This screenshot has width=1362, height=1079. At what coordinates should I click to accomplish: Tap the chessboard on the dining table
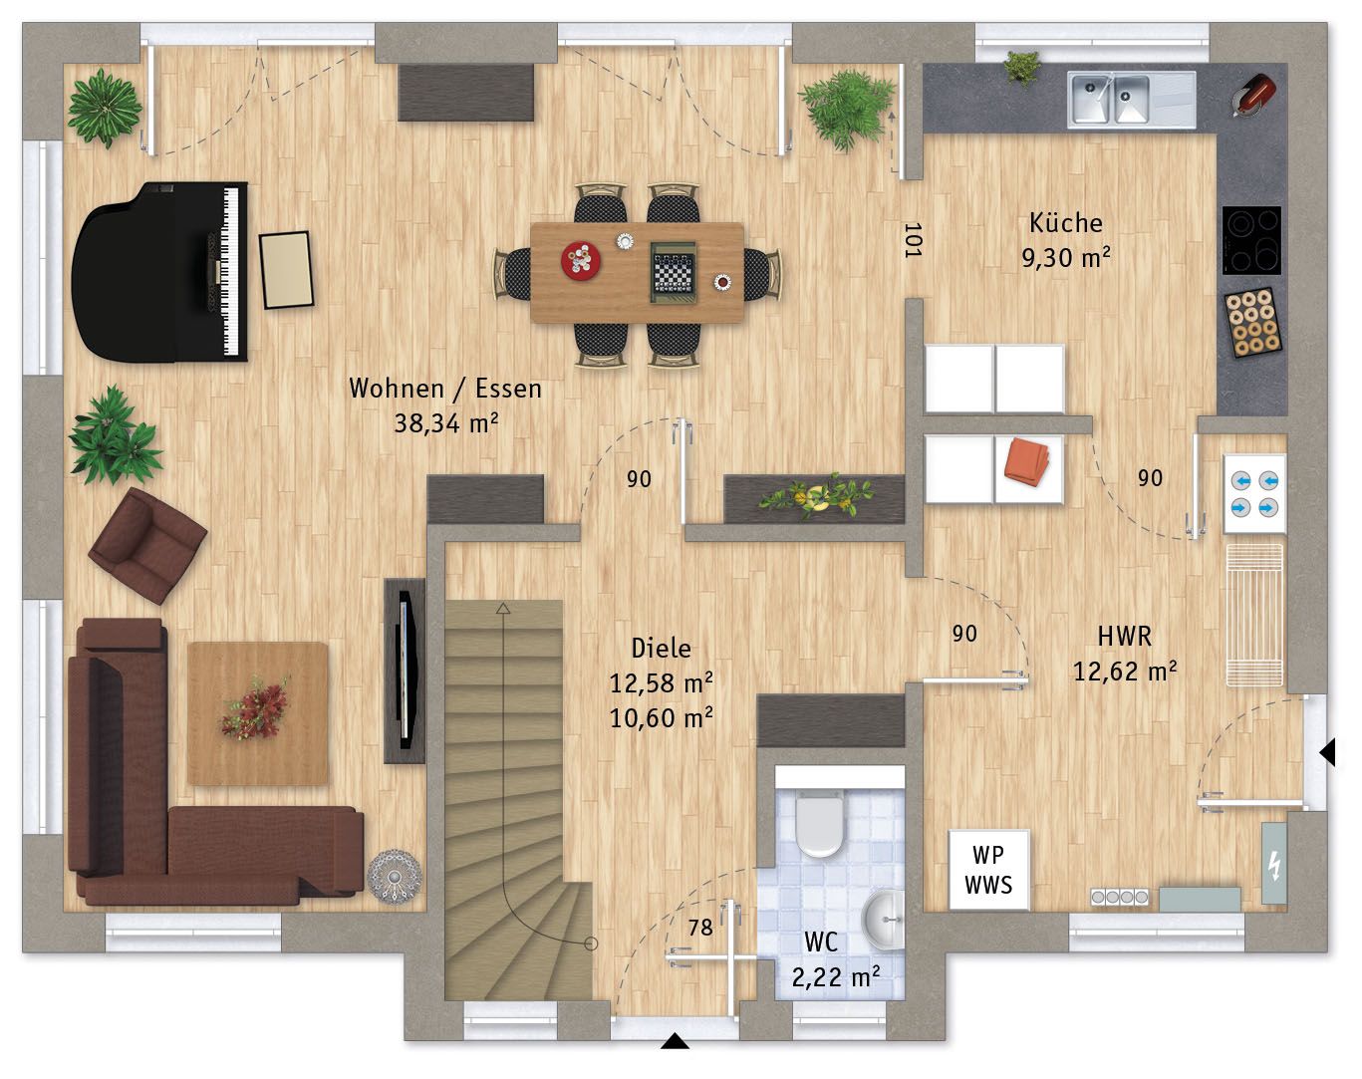[674, 273]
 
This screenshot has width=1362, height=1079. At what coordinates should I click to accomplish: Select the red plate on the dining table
[580, 260]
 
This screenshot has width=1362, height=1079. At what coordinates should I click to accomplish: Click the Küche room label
[1066, 223]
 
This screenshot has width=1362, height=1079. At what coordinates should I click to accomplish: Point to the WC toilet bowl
[820, 824]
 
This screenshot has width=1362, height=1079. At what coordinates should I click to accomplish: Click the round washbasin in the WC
[884, 920]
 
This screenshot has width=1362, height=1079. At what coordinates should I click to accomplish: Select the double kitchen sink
[1109, 100]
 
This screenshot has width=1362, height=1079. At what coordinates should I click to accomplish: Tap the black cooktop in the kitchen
[1251, 240]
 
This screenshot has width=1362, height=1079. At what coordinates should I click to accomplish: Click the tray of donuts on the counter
[1252, 322]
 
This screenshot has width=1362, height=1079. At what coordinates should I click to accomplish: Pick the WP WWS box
[988, 870]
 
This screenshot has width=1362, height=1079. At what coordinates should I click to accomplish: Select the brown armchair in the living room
[146, 545]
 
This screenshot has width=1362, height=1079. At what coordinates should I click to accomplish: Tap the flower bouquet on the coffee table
[254, 708]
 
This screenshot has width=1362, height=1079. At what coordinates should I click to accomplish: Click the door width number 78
[700, 928]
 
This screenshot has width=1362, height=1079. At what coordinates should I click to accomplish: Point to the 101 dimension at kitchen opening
[912, 240]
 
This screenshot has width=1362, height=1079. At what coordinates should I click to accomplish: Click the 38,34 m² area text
[445, 423]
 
